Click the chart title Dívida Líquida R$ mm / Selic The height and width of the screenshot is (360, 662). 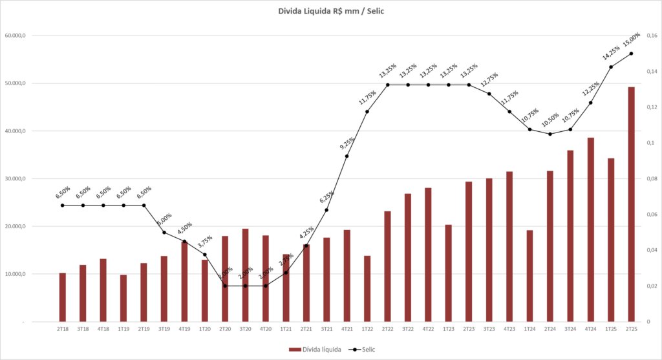click(x=330, y=10)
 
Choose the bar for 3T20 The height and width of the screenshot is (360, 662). click(x=245, y=275)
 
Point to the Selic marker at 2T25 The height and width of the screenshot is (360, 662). click(x=631, y=53)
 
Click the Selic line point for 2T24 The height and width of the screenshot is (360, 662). click(x=550, y=134)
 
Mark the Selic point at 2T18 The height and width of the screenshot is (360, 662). click(x=63, y=206)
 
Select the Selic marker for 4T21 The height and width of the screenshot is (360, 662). click(x=347, y=156)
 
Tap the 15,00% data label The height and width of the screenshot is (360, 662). click(x=631, y=39)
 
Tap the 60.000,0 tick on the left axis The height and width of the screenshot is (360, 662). click(x=14, y=36)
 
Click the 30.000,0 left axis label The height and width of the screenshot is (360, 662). click(x=14, y=178)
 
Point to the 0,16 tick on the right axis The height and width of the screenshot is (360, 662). click(x=651, y=36)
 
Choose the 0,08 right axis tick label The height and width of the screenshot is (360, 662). click(x=651, y=178)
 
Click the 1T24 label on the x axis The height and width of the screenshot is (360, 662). click(x=529, y=328)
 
